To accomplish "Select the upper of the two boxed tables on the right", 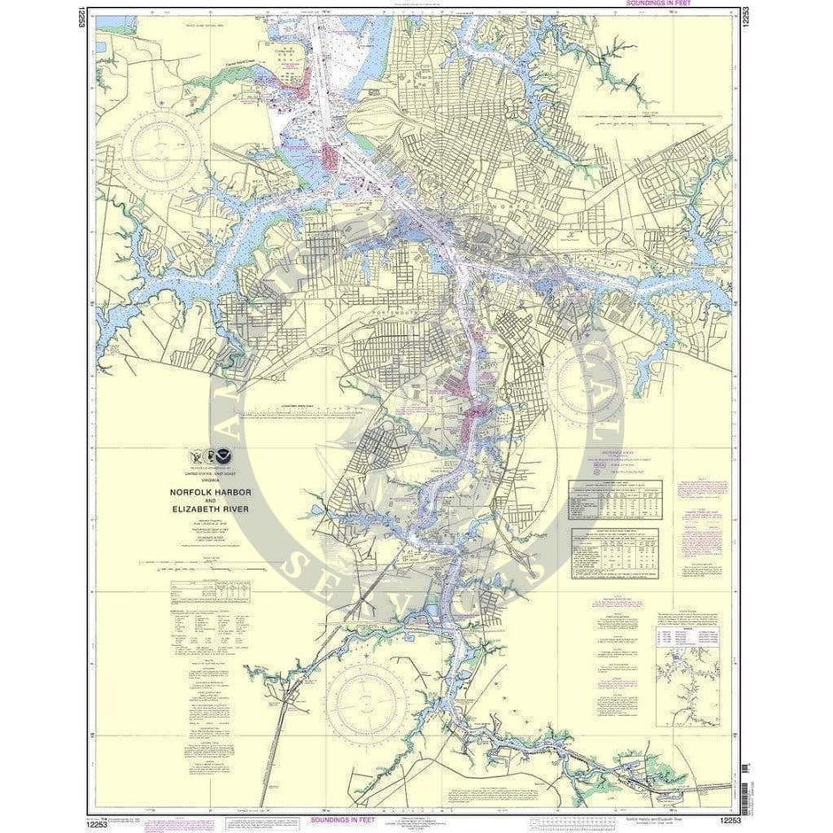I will [x=615, y=502].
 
